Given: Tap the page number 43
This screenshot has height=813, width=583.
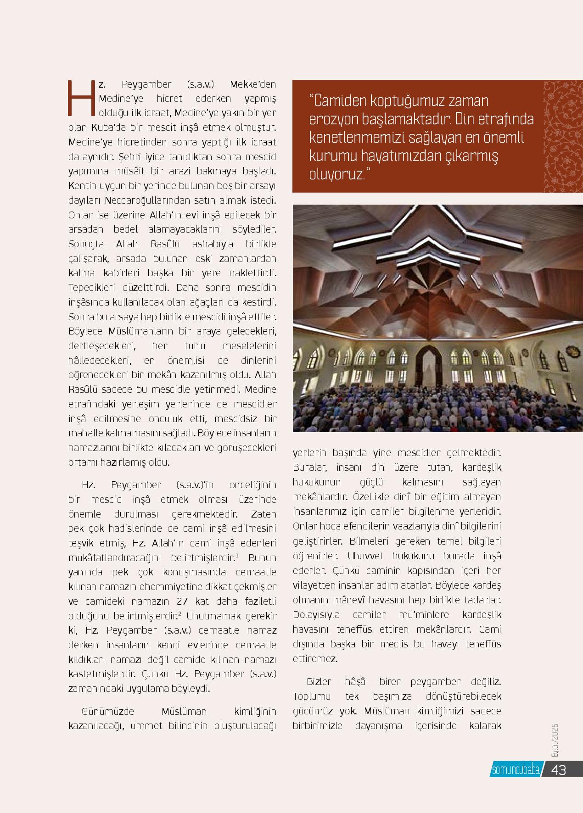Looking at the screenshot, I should pos(558,770).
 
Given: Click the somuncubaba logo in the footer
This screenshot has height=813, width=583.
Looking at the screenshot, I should pos(515,770).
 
